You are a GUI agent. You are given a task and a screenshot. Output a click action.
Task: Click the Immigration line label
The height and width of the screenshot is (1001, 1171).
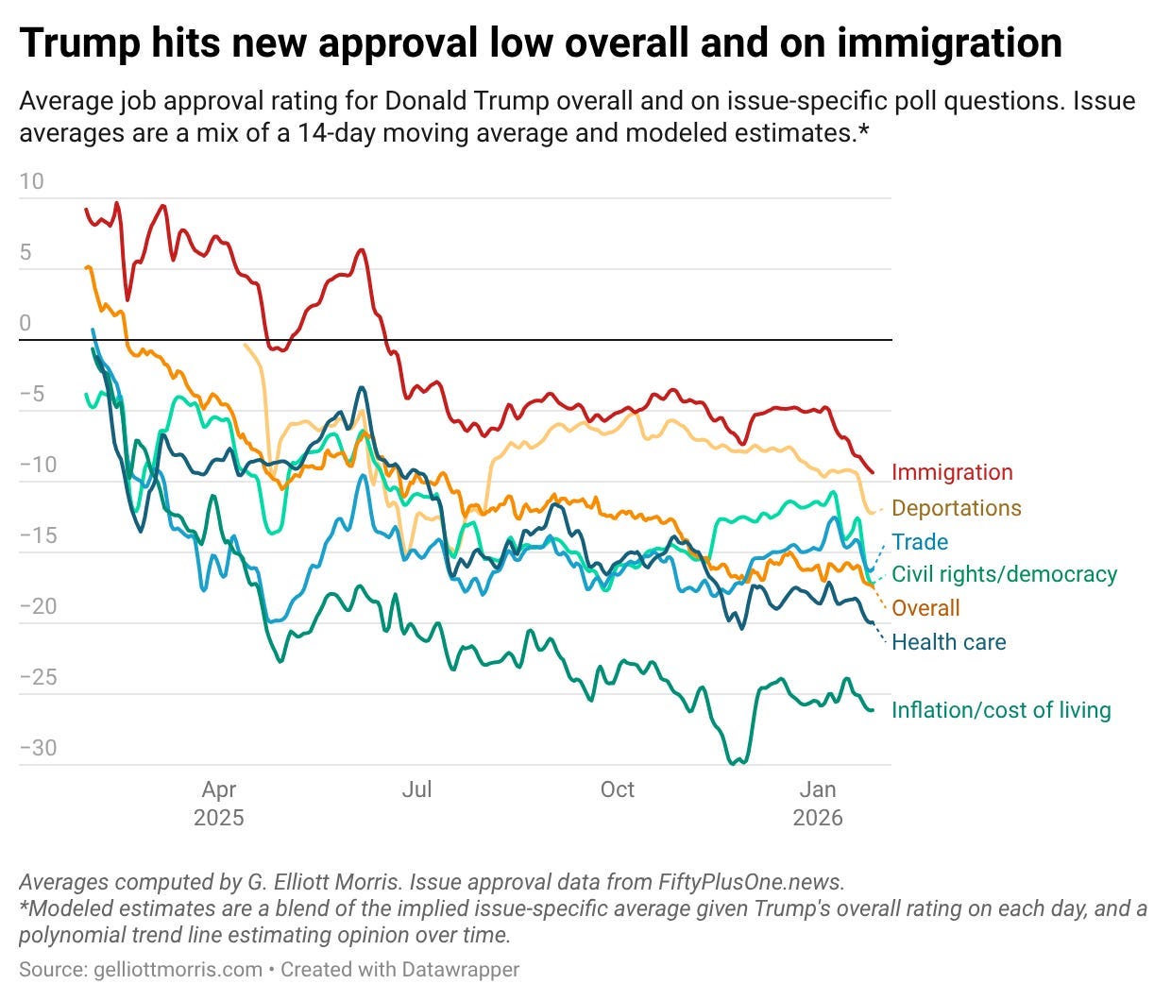(951, 472)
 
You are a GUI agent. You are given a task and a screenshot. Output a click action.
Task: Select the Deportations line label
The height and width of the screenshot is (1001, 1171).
(956, 508)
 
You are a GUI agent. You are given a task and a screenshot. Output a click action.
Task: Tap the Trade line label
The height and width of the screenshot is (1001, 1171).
(920, 542)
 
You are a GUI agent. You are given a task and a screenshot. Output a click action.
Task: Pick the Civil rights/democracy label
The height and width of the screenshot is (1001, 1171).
(1004, 574)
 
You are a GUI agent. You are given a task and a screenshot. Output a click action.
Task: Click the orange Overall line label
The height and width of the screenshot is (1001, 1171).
(925, 608)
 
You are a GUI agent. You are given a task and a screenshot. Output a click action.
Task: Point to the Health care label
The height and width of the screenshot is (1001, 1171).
(948, 642)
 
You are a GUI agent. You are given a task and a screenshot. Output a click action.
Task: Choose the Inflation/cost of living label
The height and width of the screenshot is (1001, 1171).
(1001, 710)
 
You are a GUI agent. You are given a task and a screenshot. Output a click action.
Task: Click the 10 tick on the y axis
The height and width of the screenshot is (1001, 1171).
(31, 181)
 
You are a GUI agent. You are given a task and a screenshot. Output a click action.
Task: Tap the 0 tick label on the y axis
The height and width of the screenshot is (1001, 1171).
(25, 323)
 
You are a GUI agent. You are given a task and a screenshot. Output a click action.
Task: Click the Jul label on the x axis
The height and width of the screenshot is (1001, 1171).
(416, 789)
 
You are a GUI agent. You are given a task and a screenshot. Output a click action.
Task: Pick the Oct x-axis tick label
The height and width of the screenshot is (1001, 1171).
(617, 789)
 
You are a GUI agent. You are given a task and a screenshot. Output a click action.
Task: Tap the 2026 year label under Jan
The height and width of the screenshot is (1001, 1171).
(818, 818)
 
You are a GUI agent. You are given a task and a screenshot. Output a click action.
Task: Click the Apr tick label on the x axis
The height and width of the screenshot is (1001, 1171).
(219, 789)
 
